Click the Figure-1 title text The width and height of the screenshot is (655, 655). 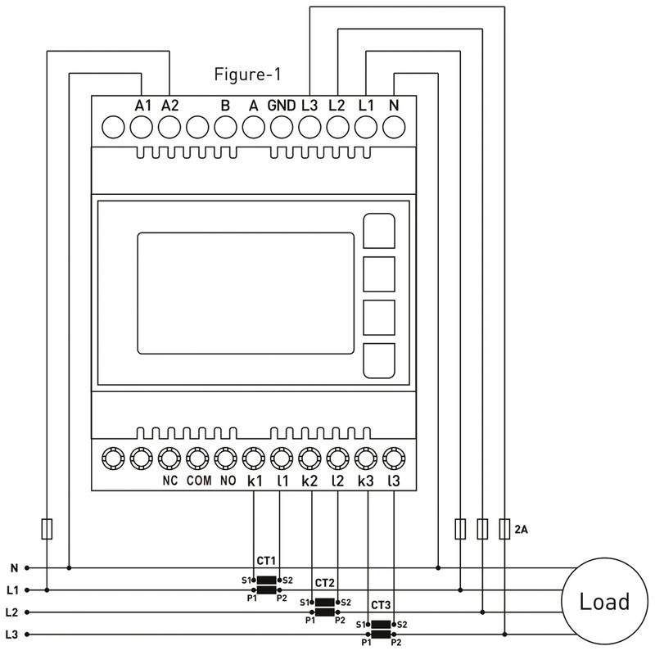pos(247,75)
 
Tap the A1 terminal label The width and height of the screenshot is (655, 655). pos(142,106)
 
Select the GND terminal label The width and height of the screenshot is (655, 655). pos(282,106)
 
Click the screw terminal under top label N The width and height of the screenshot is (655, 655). pos(394,127)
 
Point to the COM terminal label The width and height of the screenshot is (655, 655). pos(199,481)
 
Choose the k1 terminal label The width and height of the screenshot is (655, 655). pos(255,481)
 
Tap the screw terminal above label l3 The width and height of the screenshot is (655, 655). pos(394,458)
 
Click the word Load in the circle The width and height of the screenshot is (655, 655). pos(604,602)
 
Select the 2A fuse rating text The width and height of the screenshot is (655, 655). pos(522,530)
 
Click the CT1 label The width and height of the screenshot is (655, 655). pos(266,561)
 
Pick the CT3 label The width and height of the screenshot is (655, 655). pos(381,605)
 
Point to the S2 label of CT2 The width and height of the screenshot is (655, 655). pos(346,603)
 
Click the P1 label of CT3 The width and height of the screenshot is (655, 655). pos(366,643)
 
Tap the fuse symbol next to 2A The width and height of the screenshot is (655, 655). pos(504,529)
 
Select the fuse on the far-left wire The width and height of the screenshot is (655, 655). pos(47,529)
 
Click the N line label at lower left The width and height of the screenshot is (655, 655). pos(15,568)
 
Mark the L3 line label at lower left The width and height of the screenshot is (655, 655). pos(12,635)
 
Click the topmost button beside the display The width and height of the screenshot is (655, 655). pos(379,231)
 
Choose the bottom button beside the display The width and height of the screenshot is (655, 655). pos(379,361)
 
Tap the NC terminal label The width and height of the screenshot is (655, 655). pos(170,481)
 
